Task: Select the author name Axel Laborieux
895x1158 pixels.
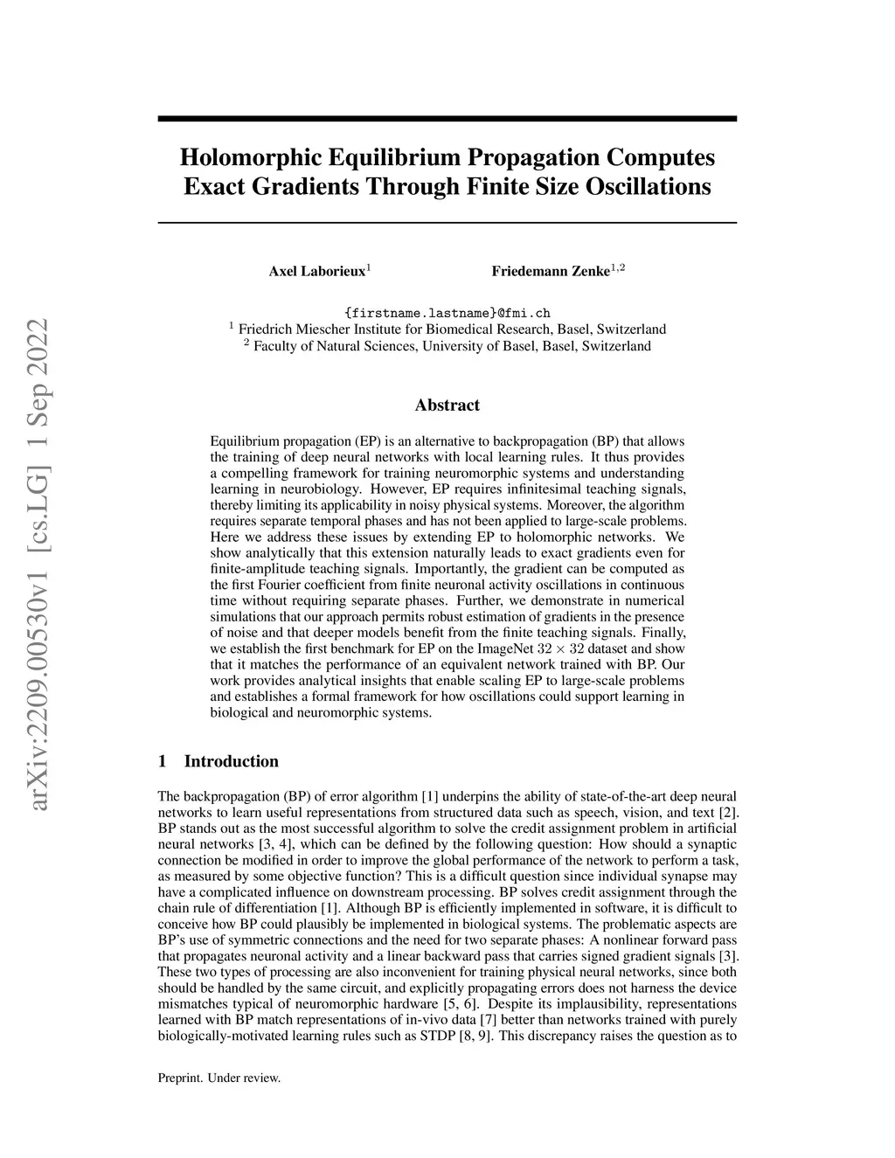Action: (316, 271)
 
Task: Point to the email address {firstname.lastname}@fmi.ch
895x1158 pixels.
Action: (447, 313)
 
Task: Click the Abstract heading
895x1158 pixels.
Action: (447, 405)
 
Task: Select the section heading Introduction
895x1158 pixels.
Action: (231, 761)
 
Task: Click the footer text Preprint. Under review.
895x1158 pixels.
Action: (219, 1078)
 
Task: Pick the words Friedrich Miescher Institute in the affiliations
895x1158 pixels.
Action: (314, 329)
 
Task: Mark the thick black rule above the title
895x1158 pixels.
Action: (447, 118)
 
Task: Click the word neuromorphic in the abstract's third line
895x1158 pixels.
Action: (418, 473)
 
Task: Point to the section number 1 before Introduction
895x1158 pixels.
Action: (162, 761)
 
